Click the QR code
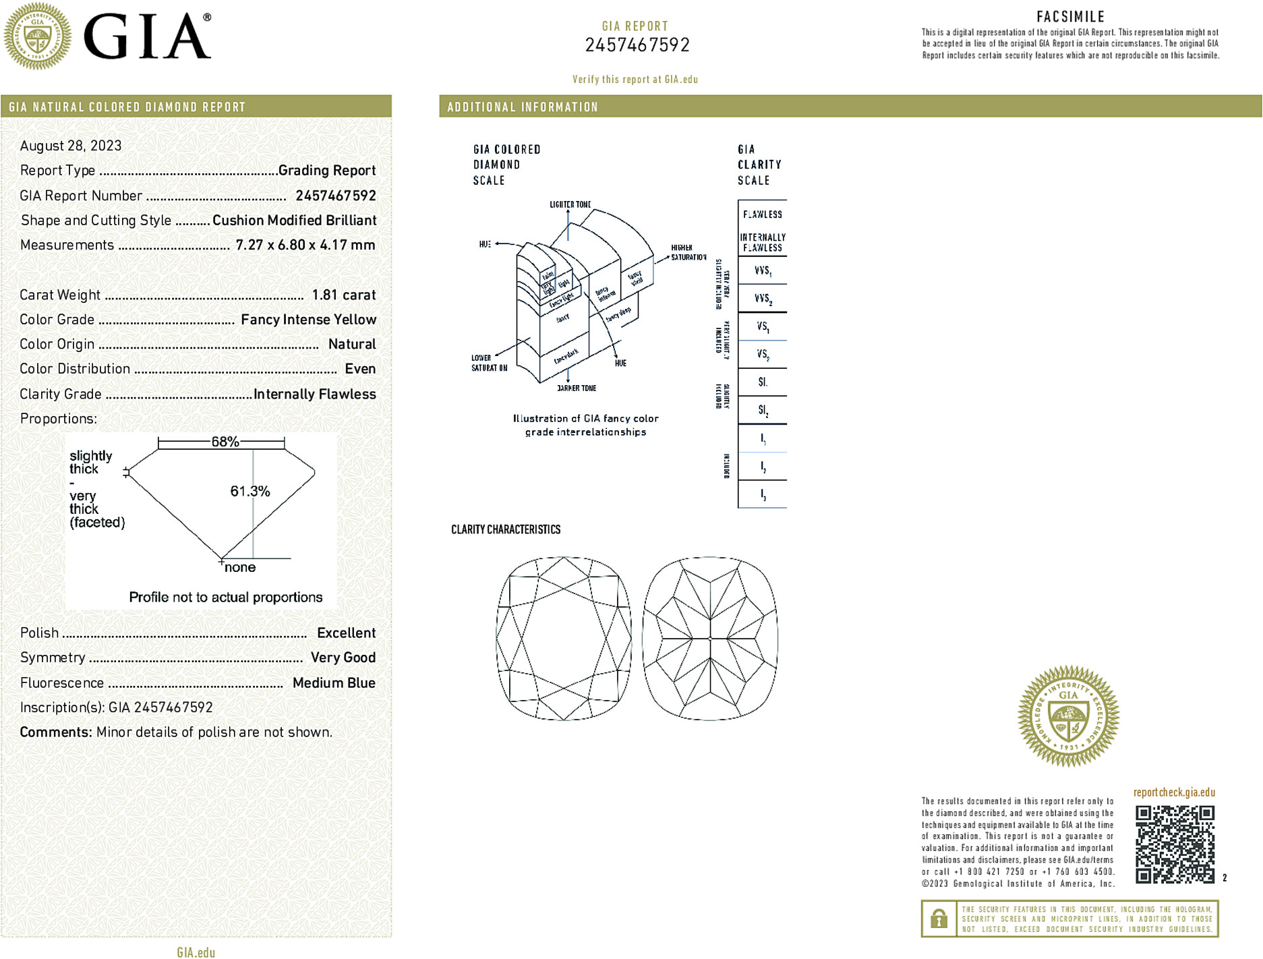click(1174, 844)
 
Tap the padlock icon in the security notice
click(939, 919)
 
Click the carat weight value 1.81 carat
click(343, 295)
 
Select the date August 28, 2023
click(71, 146)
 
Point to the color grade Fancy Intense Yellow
click(308, 320)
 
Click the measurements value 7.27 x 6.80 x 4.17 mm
click(305, 245)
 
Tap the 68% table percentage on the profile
click(225, 442)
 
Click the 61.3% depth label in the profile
click(249, 491)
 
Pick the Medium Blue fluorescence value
click(334, 682)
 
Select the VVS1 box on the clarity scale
click(763, 270)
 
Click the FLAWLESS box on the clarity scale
click(763, 214)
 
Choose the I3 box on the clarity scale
click(763, 494)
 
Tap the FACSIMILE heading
click(1070, 17)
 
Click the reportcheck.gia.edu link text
click(1174, 792)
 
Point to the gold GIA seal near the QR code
click(1068, 716)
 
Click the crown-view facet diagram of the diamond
click(564, 638)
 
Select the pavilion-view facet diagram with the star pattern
click(710, 638)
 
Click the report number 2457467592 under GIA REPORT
click(637, 45)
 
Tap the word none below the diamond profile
click(240, 567)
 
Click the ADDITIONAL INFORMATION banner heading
click(523, 107)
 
